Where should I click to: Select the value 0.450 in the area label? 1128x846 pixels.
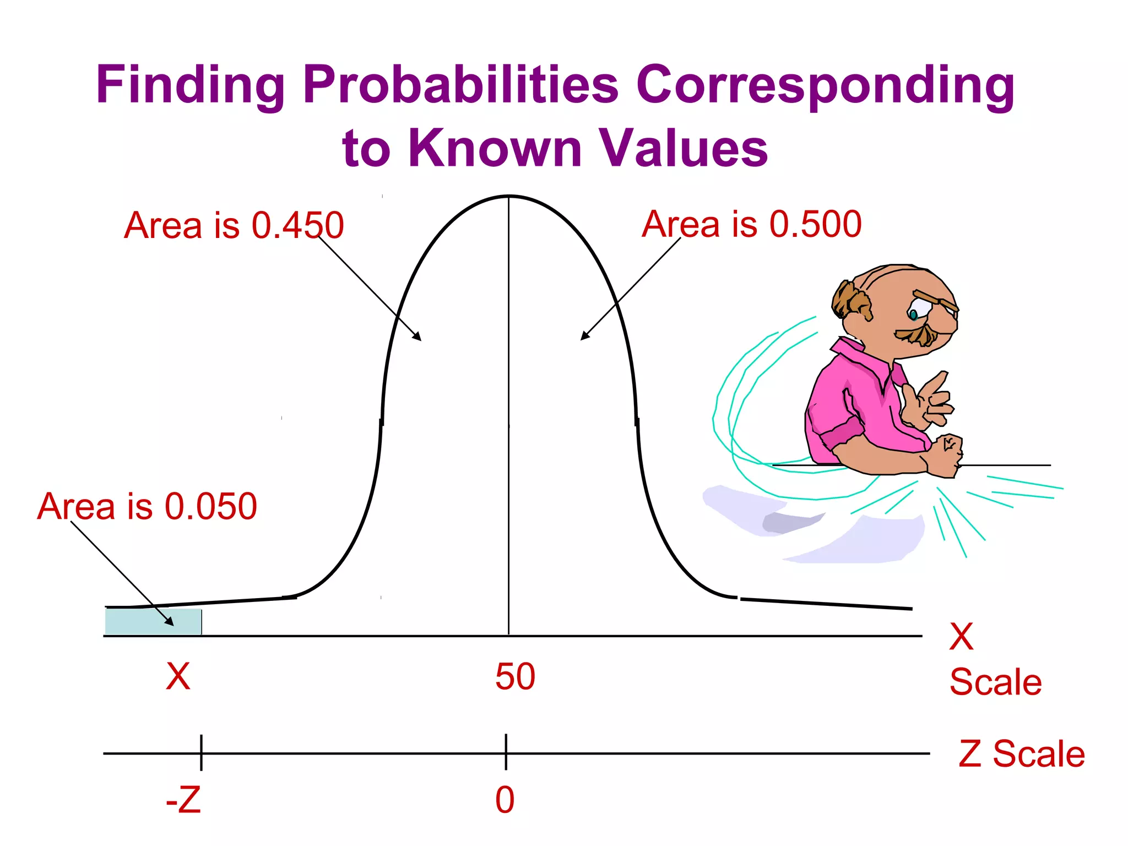297,225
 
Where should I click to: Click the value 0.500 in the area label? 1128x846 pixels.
815,224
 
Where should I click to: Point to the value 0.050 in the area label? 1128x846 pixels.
211,506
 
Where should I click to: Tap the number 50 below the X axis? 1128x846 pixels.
515,676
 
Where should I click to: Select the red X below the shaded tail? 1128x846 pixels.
178,676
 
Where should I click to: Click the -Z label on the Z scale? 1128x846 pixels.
183,800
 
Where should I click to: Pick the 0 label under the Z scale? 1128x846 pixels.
505,800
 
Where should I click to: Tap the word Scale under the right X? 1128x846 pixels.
996,682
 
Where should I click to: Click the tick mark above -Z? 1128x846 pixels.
201,752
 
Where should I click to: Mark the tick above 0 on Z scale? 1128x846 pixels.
506,752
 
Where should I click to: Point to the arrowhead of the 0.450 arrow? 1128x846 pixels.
418,337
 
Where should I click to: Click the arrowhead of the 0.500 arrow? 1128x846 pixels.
584,337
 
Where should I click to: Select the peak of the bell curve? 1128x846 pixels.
508,196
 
